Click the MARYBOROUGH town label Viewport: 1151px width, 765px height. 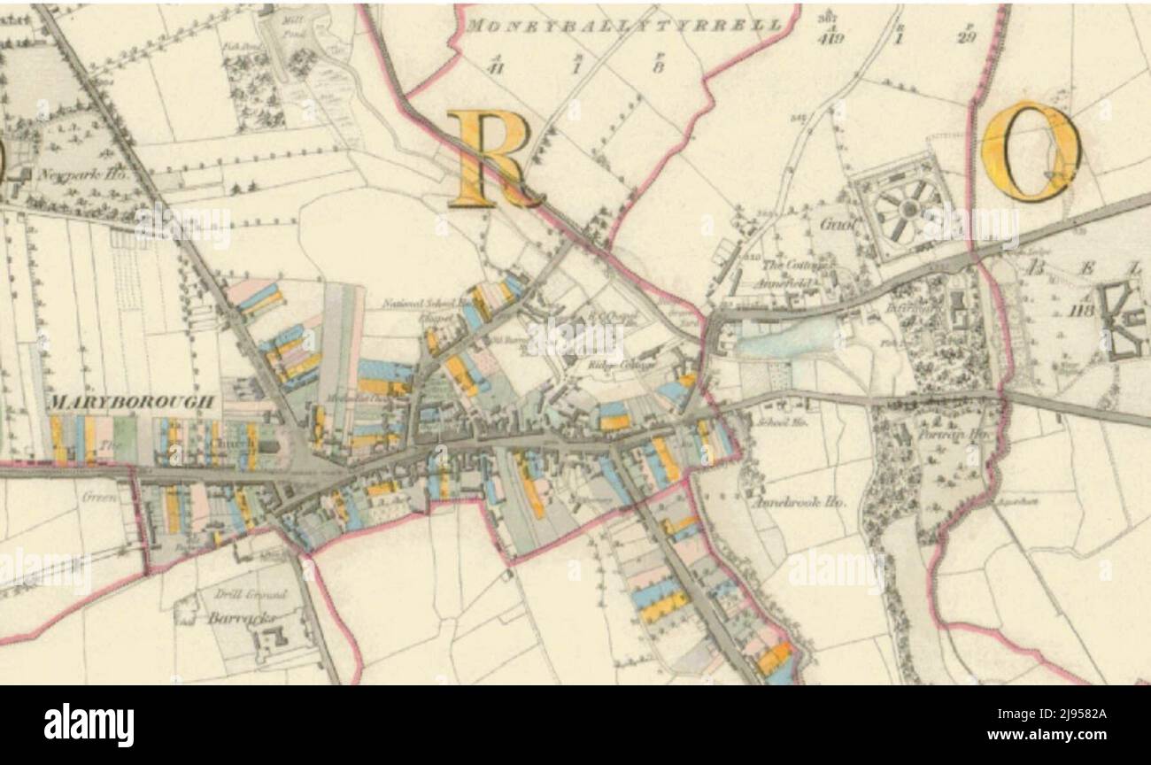[x=132, y=403]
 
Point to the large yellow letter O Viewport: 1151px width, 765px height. [x=1031, y=151]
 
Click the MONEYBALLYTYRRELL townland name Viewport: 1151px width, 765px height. [x=623, y=26]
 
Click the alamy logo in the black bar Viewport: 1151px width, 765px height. [x=89, y=725]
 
